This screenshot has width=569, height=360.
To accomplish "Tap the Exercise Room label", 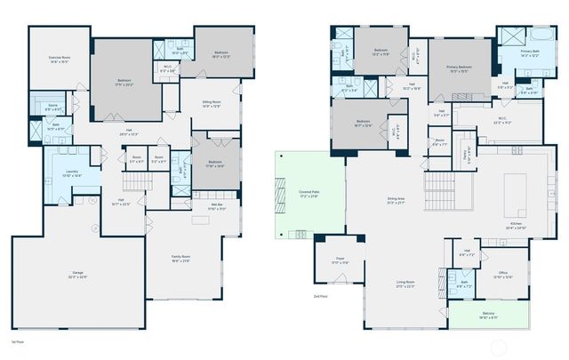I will [x=60, y=60].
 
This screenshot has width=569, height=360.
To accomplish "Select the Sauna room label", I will [x=52, y=108].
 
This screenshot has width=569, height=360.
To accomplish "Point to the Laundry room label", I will [x=72, y=174].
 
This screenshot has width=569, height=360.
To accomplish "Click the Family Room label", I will [x=180, y=259].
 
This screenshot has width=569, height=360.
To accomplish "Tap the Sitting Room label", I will [x=211, y=104].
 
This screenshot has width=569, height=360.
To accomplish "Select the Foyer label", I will [x=340, y=261].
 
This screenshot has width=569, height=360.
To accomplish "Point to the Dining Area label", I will [x=396, y=201].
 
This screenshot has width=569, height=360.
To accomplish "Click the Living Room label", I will [x=405, y=284].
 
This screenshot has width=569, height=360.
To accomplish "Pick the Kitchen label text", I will [x=517, y=227].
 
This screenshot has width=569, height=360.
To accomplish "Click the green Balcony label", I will [x=488, y=316].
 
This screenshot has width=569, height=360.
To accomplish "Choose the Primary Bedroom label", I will [x=459, y=71].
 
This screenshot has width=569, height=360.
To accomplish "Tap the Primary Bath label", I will [x=530, y=53].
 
